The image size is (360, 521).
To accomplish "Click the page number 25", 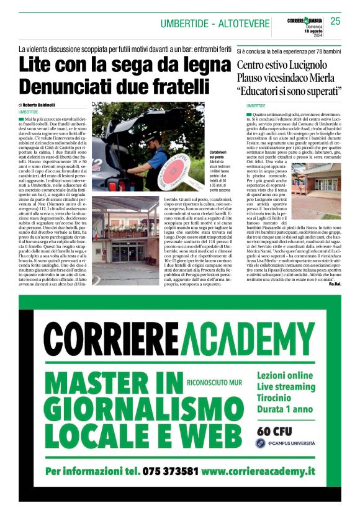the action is coord(335,21).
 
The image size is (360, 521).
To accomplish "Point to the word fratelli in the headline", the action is coord(174,84).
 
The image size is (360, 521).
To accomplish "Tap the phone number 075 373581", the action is coord(170,471).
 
